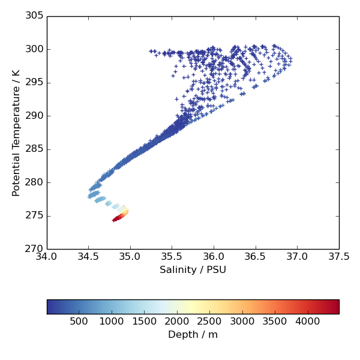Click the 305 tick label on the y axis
pyautogui.click(x=34, y=16)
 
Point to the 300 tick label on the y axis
pyautogui.click(x=34, y=49)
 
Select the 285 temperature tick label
pyautogui.click(x=34, y=149)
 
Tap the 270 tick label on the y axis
pyautogui.click(x=34, y=249)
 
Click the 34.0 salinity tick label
pyautogui.click(x=47, y=257)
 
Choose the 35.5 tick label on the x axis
pyautogui.click(x=172, y=257)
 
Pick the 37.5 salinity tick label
pyautogui.click(x=339, y=257)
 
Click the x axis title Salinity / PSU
pyautogui.click(x=193, y=270)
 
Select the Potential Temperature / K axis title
pyautogui.click(x=16, y=133)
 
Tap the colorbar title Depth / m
pyautogui.click(x=193, y=335)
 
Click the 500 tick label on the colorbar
pyautogui.click(x=79, y=322)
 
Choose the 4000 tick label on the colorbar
pyautogui.click(x=307, y=322)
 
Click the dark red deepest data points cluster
pyautogui.click(x=116, y=219)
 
